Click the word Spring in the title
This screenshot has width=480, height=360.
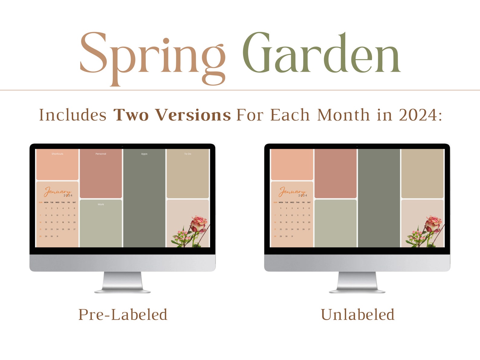153,56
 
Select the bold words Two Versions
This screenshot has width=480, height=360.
172,115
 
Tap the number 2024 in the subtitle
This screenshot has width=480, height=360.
418,115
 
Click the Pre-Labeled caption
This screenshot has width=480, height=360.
123,315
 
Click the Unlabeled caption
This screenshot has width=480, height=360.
358,315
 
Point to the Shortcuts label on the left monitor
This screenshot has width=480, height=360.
57,154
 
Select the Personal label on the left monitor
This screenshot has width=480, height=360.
101,154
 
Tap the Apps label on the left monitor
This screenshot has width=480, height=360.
144,154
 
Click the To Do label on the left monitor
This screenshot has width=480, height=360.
188,154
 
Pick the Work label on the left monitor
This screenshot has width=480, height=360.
101,204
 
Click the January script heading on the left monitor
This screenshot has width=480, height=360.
57,192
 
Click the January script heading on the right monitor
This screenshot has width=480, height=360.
292,192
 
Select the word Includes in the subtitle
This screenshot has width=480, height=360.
73,115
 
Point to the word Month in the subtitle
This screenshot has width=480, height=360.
343,115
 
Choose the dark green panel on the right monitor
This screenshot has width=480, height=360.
379,198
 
